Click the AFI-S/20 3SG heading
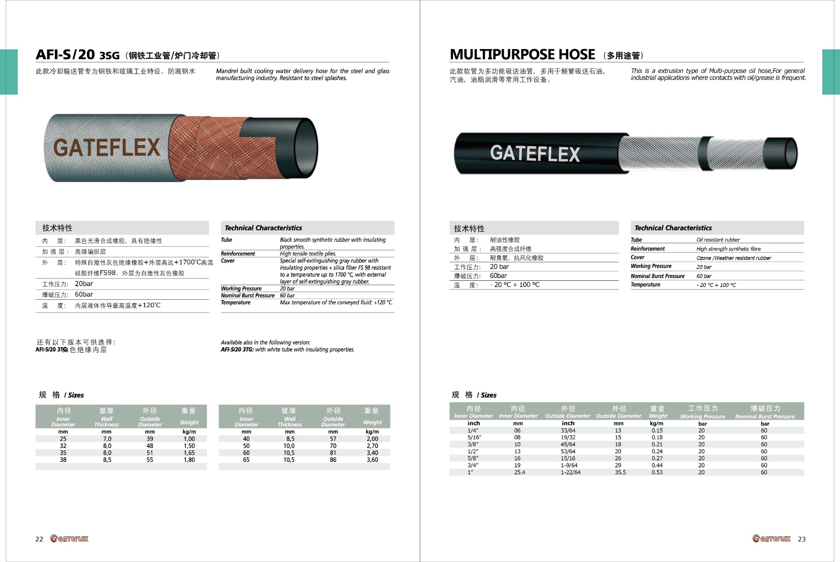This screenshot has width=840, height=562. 78,55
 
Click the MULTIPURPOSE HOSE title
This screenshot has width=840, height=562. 522,54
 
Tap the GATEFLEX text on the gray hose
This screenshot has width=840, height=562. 106,147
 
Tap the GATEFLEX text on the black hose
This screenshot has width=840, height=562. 535,153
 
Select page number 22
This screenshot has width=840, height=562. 39,539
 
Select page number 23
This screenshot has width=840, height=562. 802,539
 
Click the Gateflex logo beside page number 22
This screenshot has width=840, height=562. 69,539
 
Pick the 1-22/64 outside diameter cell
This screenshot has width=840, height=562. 571,472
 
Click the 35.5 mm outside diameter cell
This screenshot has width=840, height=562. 620,472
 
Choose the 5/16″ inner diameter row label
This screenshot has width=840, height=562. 474,437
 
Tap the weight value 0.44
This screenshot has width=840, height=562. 657,465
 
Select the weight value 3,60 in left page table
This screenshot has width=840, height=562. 372,460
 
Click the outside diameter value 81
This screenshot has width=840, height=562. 333,453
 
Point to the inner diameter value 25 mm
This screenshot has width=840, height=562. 63,439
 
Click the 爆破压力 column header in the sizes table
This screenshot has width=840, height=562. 765,409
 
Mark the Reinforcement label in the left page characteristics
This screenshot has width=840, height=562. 238,254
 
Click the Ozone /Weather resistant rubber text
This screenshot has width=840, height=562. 733,258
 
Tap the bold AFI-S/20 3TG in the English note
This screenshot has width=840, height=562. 237,349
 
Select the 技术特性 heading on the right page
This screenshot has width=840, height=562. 469,229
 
